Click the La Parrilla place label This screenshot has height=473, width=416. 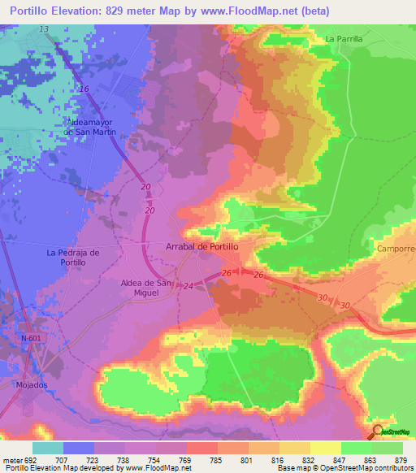click(x=343, y=38)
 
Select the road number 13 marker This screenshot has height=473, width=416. click(x=43, y=29)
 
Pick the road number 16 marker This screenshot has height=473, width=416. click(x=84, y=89)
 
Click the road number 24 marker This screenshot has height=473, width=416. click(x=188, y=286)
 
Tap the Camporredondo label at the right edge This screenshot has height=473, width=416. click(x=396, y=248)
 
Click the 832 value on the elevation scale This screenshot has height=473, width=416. click(x=309, y=459)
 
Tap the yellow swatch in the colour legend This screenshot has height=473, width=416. click(x=325, y=448)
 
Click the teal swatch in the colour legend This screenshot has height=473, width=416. click(x=48, y=448)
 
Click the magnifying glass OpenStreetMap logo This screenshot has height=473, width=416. click(x=379, y=432)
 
